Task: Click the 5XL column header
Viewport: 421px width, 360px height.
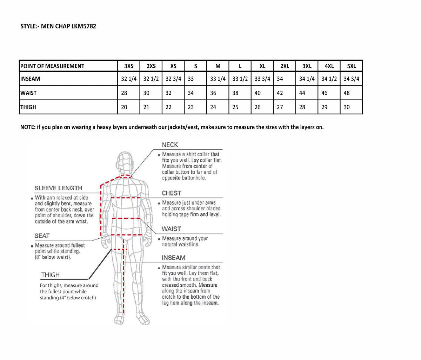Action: [x=351, y=66]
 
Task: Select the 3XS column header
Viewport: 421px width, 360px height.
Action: [x=129, y=66]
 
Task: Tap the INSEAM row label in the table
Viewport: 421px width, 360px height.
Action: [x=30, y=79]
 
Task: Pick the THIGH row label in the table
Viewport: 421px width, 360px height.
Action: [x=28, y=107]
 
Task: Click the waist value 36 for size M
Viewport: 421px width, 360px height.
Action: [x=213, y=93]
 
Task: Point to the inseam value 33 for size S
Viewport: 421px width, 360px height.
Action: [x=191, y=79]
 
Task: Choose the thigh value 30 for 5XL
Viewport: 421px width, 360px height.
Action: [x=347, y=107]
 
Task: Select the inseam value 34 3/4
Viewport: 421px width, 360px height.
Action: [x=351, y=79]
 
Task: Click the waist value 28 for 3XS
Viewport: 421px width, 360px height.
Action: [x=124, y=93]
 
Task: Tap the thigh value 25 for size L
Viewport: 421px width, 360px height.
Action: [x=235, y=107]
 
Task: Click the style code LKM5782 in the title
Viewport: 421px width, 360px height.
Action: [x=83, y=26]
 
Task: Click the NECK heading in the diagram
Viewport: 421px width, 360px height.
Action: [x=170, y=145]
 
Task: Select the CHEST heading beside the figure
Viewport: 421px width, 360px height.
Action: [x=171, y=193]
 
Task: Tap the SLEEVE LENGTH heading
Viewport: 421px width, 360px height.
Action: [x=58, y=188]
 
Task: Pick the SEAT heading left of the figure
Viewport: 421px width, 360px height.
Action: [x=42, y=236]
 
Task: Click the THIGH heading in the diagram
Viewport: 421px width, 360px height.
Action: [x=51, y=275]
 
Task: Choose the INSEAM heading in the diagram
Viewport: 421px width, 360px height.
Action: [x=173, y=258]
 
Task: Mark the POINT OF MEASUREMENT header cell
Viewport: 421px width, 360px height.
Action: [x=52, y=66]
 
